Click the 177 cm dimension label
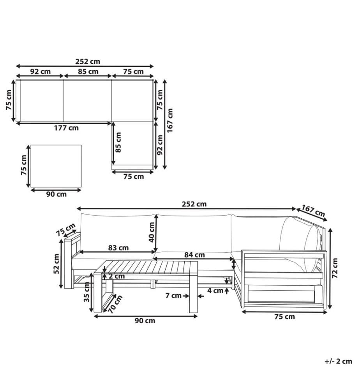point(66,128)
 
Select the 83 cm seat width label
point(118,248)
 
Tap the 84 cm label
point(194,255)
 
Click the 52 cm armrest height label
point(56,264)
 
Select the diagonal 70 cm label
point(116,304)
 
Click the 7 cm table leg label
point(173,296)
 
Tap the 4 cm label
point(215,291)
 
